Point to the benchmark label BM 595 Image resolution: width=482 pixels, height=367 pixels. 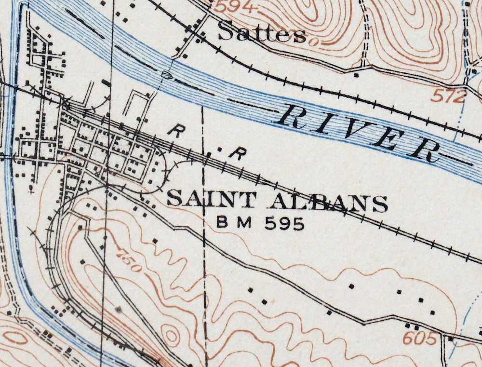click(261, 223)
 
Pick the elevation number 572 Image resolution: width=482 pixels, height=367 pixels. click(448, 97)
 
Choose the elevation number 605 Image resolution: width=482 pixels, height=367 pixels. click(421, 338)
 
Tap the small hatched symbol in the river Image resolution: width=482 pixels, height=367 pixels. click(167, 74)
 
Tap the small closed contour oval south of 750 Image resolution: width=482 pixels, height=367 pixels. click(170, 334)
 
